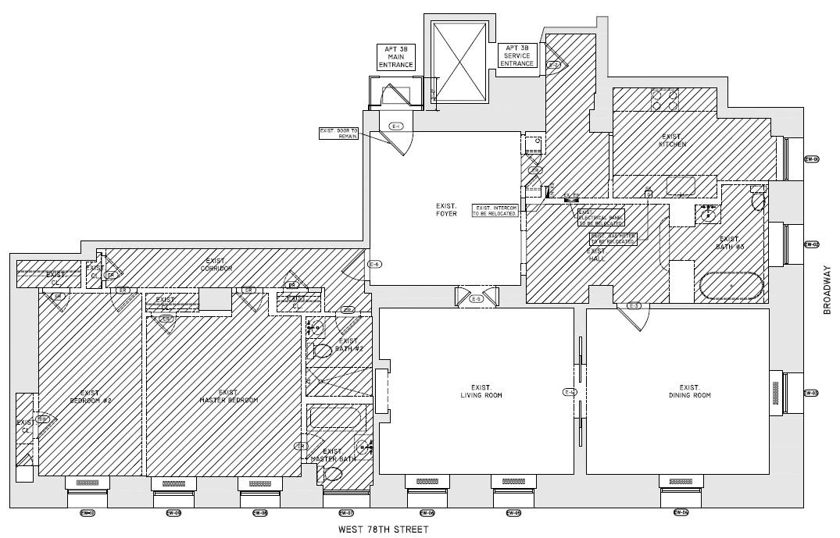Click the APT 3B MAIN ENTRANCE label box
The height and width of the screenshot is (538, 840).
pyautogui.click(x=396, y=57)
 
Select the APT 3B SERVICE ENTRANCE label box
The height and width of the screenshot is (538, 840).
pyautogui.click(x=517, y=55)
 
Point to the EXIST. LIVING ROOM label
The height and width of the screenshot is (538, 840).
pyautogui.click(x=476, y=391)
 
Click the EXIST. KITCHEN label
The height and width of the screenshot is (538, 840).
pyautogui.click(x=672, y=141)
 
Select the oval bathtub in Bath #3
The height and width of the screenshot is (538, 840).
pyautogui.click(x=731, y=286)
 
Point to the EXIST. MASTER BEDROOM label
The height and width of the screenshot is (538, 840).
pyautogui.click(x=228, y=396)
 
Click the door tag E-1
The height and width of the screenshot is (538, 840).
pyautogui.click(x=395, y=126)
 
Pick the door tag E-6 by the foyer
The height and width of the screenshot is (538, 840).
pyautogui.click(x=374, y=264)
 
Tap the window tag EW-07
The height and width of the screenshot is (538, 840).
pyautogui.click(x=346, y=513)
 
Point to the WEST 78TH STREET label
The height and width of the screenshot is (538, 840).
pyautogui.click(x=384, y=529)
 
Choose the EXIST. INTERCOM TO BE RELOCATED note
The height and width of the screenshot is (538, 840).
pyautogui.click(x=495, y=210)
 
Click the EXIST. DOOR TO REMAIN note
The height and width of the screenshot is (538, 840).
pyautogui.click(x=339, y=133)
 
